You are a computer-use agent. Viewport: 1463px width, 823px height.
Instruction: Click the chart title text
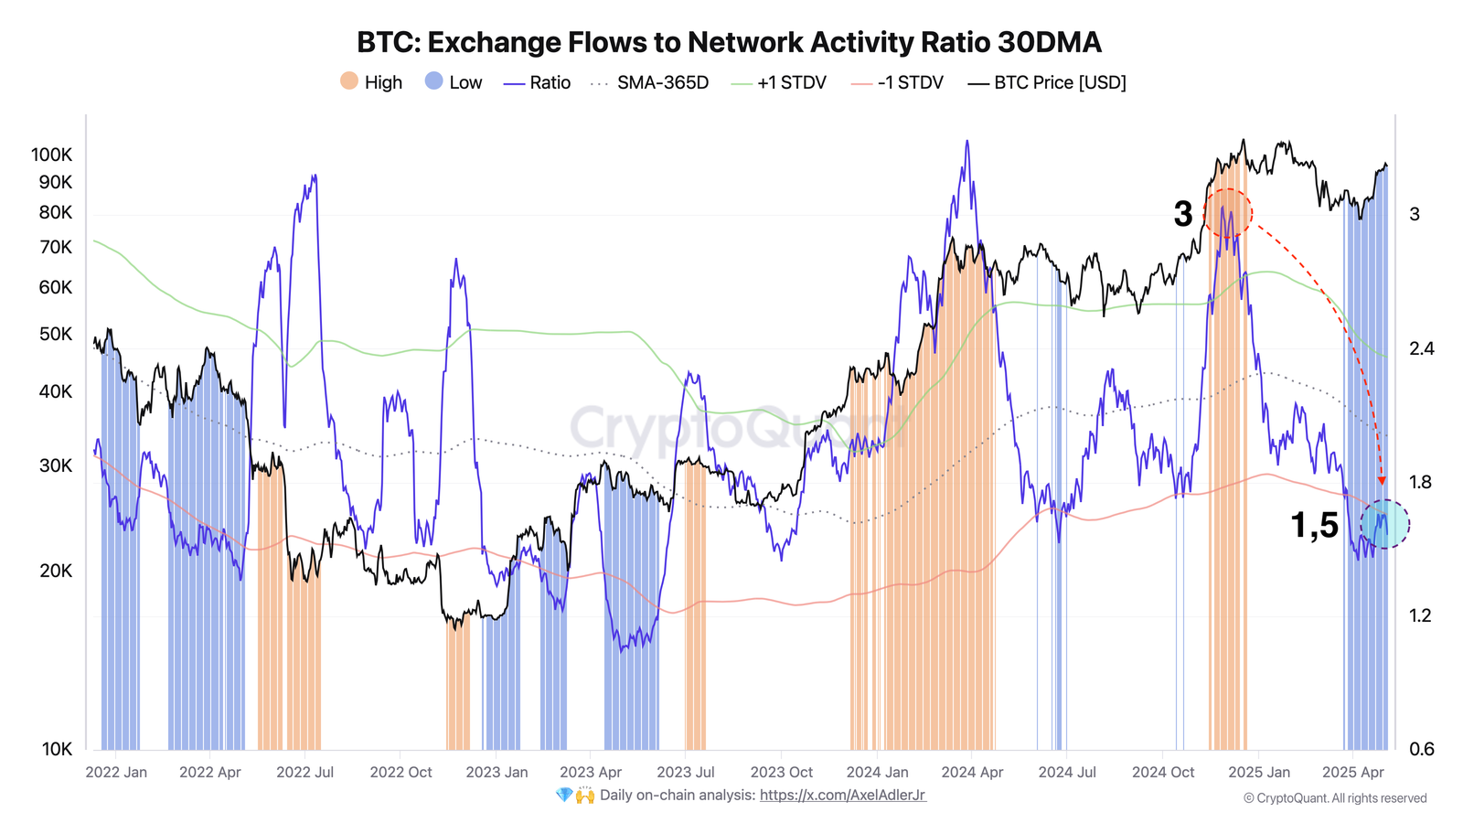729,42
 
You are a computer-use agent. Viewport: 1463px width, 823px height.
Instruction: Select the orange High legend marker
348,81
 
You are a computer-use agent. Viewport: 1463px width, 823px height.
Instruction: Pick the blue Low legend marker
433,81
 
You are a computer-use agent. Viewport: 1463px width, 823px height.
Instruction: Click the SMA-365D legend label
662,82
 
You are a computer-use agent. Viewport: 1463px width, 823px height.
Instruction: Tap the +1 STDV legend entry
791,82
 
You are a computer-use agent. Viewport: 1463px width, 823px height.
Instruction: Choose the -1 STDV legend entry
910,82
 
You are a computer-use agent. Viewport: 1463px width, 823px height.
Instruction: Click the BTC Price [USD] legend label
1060,82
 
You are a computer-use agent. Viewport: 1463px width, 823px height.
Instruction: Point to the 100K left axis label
51,155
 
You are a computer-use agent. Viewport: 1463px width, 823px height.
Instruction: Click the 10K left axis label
57,749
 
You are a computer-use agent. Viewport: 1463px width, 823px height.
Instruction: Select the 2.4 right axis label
1421,348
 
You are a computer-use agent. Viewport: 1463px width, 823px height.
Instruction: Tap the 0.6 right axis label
1421,749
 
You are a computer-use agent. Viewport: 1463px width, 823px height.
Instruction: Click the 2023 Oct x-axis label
781,772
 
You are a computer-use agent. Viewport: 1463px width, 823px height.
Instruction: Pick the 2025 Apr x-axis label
1352,772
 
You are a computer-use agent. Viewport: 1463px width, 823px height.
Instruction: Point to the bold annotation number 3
1182,214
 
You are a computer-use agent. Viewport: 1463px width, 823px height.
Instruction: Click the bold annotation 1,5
1314,525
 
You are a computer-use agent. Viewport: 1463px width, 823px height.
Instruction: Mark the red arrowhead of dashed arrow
1382,480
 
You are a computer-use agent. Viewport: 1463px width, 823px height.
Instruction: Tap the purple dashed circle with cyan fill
1384,524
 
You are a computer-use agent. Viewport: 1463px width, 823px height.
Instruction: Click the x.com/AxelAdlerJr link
842,795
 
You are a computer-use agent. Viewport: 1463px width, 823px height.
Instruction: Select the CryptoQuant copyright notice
1334,798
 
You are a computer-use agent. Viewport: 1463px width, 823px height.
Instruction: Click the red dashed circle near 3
1227,213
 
